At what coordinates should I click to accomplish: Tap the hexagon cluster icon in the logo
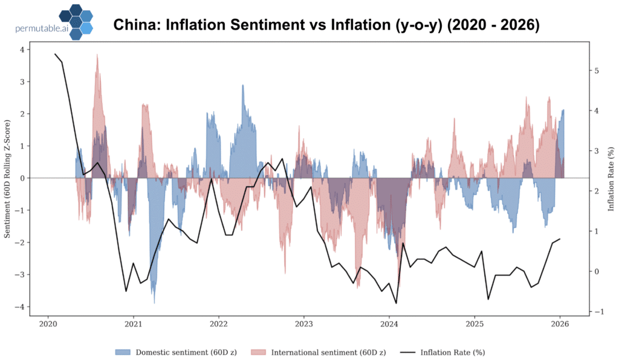76,22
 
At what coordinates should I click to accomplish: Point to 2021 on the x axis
133,325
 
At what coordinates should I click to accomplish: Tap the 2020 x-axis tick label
48,325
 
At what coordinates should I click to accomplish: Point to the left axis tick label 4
22,50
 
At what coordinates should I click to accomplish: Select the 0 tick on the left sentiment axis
22,178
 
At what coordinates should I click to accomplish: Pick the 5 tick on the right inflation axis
597,71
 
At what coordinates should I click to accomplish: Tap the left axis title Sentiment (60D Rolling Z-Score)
8,178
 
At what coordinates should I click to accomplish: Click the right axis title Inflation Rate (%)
611,178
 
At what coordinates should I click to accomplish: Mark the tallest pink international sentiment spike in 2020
97,56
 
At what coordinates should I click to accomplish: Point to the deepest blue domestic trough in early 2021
154,302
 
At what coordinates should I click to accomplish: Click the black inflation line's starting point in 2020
55,54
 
